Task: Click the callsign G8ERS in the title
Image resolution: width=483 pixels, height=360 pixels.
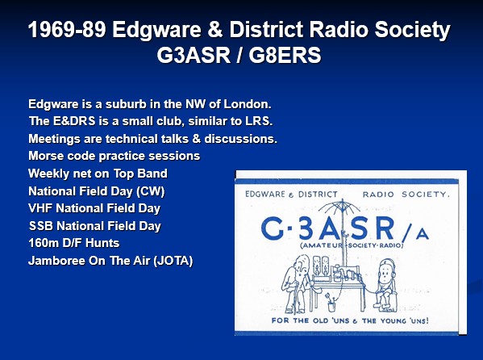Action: click(285, 55)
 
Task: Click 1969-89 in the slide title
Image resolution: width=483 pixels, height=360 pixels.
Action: click(67, 30)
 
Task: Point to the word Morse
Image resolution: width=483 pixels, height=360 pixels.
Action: click(46, 156)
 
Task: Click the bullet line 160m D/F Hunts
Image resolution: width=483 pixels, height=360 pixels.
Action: click(73, 243)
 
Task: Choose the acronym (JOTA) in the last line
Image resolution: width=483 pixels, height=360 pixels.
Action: click(173, 261)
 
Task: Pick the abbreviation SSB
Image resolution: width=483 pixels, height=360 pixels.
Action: click(40, 226)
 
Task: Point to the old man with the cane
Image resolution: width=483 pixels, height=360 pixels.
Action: click(295, 283)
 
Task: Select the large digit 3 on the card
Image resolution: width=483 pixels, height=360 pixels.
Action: click(306, 228)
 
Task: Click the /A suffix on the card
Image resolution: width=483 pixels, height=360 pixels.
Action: click(414, 233)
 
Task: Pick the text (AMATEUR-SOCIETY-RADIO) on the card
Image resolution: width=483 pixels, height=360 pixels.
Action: click(352, 245)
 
